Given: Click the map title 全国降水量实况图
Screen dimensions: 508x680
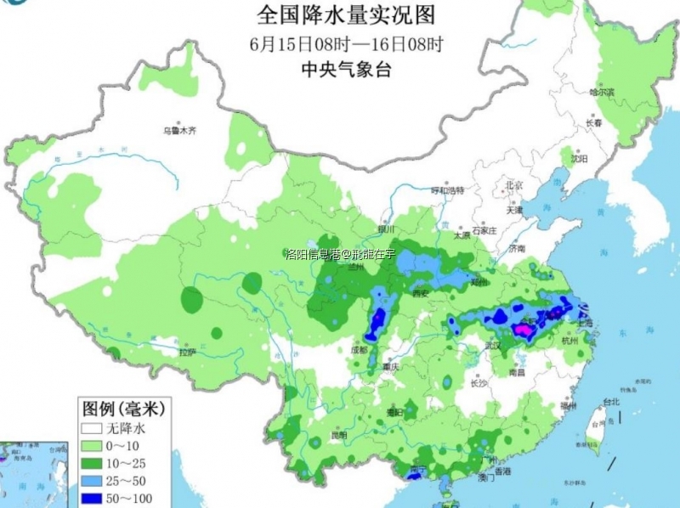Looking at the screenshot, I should pyautogui.click(x=345, y=15).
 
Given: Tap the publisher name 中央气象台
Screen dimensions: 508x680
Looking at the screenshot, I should pyautogui.click(x=346, y=71).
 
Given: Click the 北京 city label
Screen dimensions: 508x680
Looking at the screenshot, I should pyautogui.click(x=513, y=184).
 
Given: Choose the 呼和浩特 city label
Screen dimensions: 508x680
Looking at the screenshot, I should pyautogui.click(x=448, y=190).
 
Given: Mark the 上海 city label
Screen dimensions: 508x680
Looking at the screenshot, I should pyautogui.click(x=585, y=323).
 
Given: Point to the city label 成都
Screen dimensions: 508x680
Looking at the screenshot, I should pyautogui.click(x=360, y=349).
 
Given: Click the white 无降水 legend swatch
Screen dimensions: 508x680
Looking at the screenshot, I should pyautogui.click(x=90, y=428).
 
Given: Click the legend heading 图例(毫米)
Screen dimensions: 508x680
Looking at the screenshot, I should pyautogui.click(x=122, y=409).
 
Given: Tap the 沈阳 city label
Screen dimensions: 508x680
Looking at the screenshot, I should pyautogui.click(x=579, y=159).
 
